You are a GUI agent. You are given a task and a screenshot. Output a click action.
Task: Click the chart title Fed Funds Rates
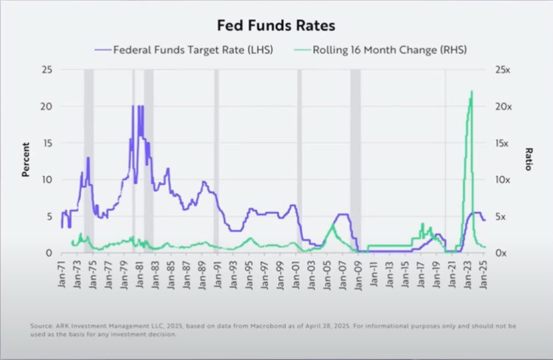[276, 26]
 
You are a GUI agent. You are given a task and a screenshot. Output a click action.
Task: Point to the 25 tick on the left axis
[47, 70]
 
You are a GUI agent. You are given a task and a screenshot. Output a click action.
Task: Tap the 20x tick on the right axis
[502, 107]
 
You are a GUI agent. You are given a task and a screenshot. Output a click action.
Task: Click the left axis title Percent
[26, 160]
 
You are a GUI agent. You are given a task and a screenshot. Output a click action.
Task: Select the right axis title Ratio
[527, 160]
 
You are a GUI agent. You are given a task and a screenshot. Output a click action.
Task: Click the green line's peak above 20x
[472, 92]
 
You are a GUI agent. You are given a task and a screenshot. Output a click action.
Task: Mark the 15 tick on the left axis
[47, 144]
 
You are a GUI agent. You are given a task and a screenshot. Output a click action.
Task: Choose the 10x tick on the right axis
[502, 180]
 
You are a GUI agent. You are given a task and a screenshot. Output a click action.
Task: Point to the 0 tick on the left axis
[49, 253]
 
